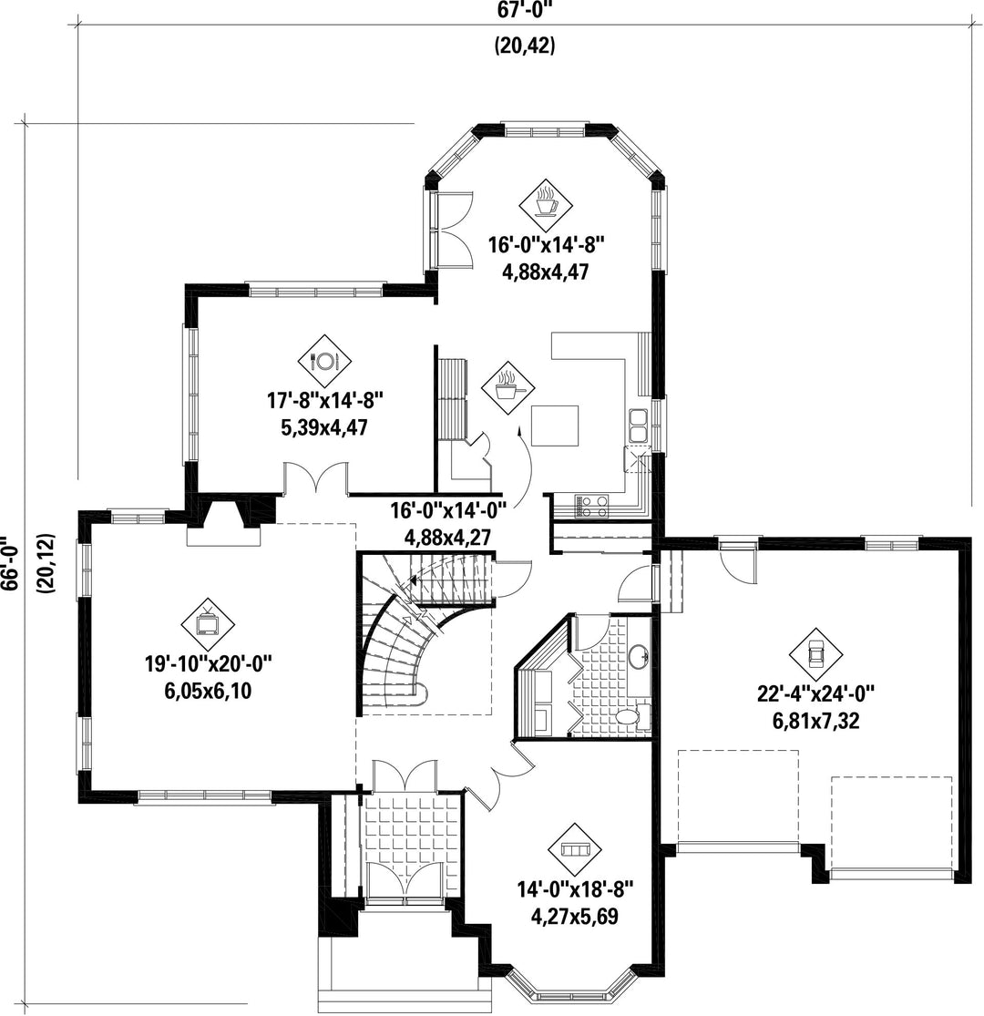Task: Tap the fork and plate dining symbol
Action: (324, 361)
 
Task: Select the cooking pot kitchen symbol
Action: (507, 389)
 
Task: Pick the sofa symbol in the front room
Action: (574, 849)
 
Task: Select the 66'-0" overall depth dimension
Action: (8, 563)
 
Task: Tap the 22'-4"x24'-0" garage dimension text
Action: (815, 694)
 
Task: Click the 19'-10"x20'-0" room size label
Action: (208, 664)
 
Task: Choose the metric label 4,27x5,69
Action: (574, 917)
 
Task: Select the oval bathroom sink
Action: (639, 656)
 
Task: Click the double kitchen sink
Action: (638, 425)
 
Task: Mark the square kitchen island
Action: (555, 426)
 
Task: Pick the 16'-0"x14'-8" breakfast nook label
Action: (546, 244)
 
